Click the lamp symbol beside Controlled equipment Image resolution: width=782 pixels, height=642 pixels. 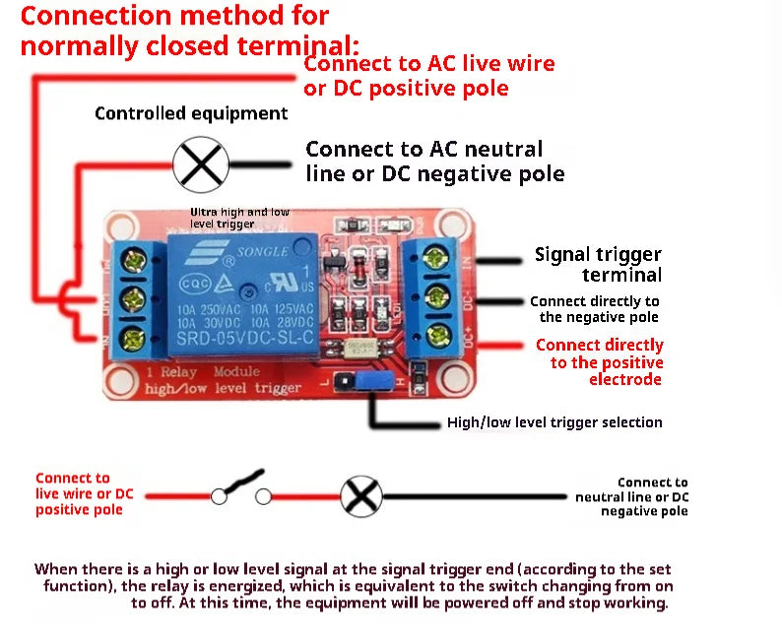pyautogui.click(x=201, y=162)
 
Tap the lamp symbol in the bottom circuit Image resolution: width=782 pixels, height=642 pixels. pyautogui.click(x=360, y=494)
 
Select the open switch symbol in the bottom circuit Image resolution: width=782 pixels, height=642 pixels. pyautogui.click(x=240, y=490)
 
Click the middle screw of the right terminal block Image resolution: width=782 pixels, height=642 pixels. pyautogui.click(x=436, y=296)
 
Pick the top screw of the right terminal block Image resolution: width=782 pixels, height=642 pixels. pyautogui.click(x=436, y=259)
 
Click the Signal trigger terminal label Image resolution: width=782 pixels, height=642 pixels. pyautogui.click(x=598, y=264)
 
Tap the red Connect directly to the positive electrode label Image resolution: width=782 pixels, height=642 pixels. pyautogui.click(x=600, y=361)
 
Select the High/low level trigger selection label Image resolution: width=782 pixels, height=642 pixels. pyautogui.click(x=554, y=422)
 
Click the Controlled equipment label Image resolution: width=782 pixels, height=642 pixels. pyautogui.click(x=191, y=113)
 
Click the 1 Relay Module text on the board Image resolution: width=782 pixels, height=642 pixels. pyautogui.click(x=202, y=372)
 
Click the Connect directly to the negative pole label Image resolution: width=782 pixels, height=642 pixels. pyautogui.click(x=595, y=309)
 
